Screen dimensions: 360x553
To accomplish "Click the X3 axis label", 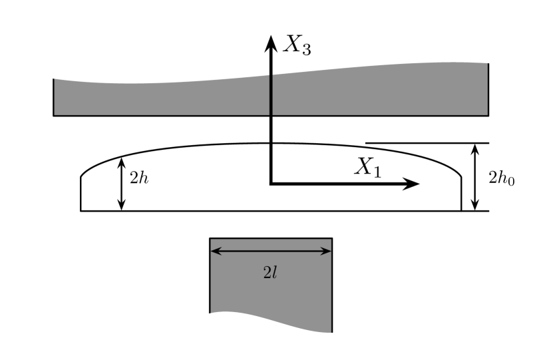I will (x=297, y=45).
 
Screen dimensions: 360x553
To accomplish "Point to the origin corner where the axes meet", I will (x=270, y=183).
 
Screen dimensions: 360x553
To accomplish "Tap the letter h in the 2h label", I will (x=143, y=178).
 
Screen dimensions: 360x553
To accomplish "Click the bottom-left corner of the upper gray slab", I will (x=55, y=114).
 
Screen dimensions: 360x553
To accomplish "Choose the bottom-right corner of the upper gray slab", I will (x=487, y=114).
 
